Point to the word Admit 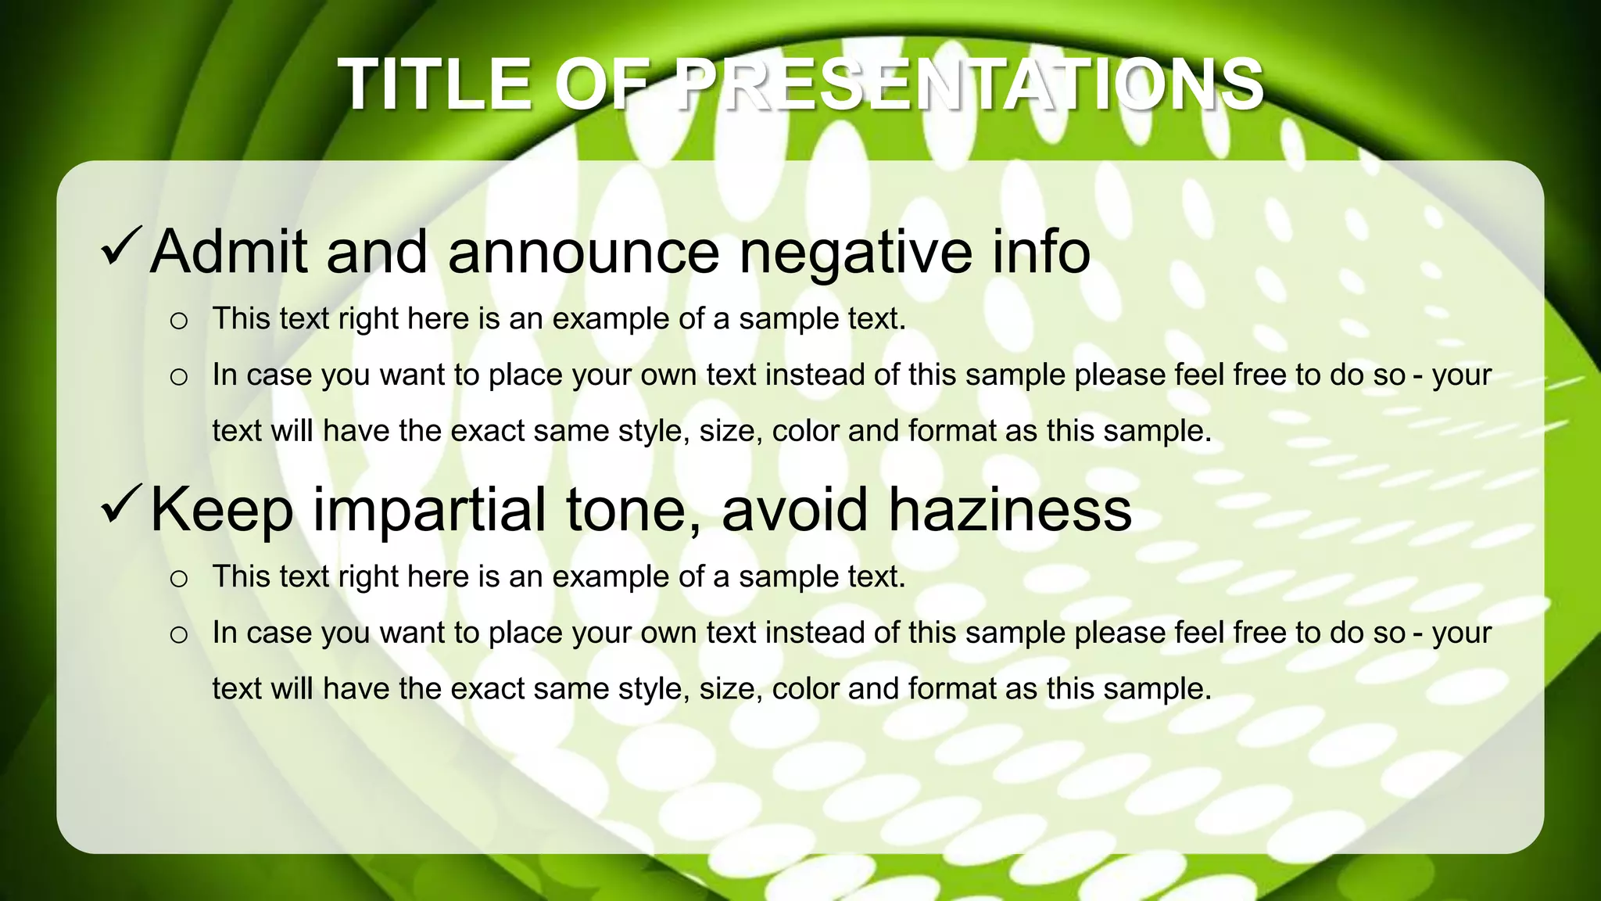click(228, 252)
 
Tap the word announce click(583, 253)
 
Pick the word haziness click(1009, 510)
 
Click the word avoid click(794, 510)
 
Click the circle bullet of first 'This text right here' click(179, 321)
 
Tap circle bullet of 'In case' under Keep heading click(179, 634)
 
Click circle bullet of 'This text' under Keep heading click(179, 579)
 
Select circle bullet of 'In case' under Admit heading click(179, 377)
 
